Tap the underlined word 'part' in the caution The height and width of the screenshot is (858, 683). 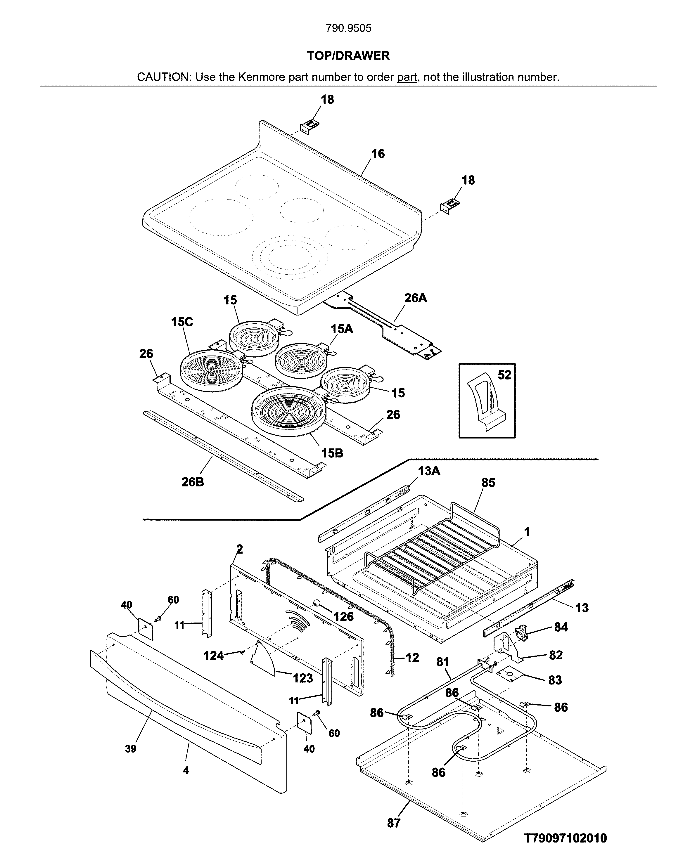click(x=407, y=77)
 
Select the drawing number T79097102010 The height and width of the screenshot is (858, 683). click(x=565, y=838)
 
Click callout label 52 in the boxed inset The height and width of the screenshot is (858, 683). click(x=504, y=375)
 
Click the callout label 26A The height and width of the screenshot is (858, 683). click(x=416, y=298)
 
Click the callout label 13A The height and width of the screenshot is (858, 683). click(x=429, y=471)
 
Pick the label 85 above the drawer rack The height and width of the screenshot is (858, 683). click(x=488, y=483)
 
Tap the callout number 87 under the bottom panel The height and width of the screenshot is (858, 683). click(x=394, y=823)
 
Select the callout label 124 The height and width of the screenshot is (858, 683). click(x=214, y=656)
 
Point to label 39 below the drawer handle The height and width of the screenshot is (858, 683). click(x=131, y=749)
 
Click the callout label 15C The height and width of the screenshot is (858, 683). click(x=182, y=322)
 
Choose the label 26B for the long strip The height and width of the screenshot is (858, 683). click(x=193, y=482)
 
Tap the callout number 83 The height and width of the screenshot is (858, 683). click(x=555, y=680)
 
